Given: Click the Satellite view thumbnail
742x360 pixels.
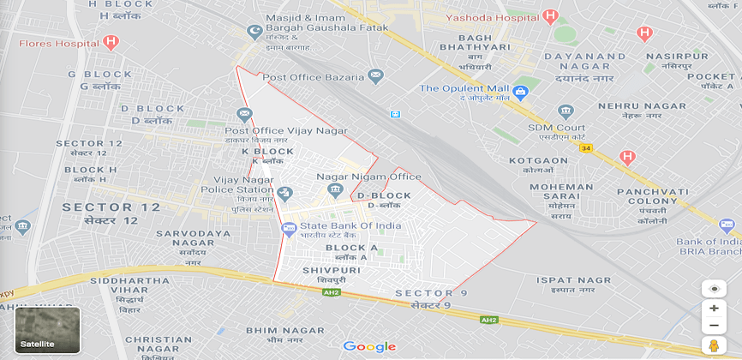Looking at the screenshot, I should click(x=47, y=330).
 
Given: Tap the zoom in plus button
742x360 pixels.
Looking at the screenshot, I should click(x=713, y=309).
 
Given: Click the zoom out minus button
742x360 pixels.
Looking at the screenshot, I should click(x=713, y=325).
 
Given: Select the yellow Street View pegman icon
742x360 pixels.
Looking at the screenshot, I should click(x=713, y=345).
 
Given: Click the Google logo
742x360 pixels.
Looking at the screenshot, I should click(x=369, y=346).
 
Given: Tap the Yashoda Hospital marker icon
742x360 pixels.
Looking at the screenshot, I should click(x=551, y=16).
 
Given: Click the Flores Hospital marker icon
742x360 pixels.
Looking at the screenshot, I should click(x=110, y=41).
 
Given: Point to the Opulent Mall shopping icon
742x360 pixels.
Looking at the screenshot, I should click(x=521, y=88).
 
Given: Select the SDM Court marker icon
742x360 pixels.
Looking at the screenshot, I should click(x=565, y=111).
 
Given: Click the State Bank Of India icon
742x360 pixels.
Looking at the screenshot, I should click(x=289, y=227).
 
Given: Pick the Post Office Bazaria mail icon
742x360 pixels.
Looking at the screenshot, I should click(x=376, y=77).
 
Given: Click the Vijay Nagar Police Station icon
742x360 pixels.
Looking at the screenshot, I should click(x=287, y=192).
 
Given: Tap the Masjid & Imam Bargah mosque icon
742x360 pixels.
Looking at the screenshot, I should click(x=253, y=33).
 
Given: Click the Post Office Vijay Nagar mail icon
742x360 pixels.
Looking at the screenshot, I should click(x=245, y=114).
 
